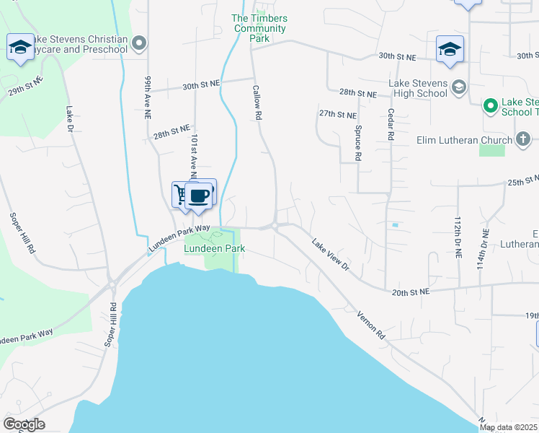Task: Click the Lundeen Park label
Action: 214,248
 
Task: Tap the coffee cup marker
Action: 199,196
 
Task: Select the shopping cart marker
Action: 180,193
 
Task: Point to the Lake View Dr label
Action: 330,255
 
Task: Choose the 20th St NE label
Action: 411,292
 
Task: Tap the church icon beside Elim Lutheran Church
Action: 523,139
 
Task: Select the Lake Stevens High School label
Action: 418,88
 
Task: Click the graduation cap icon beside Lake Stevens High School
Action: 458,88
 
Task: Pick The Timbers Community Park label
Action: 259,28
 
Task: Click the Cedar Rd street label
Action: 391,125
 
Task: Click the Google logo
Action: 24,424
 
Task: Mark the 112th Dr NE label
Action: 457,237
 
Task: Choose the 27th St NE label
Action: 338,114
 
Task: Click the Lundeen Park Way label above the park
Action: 179,237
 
